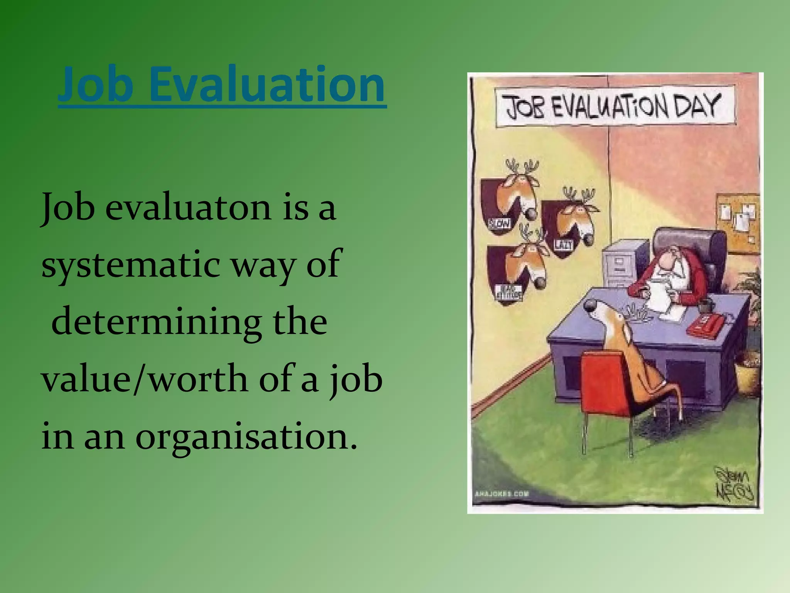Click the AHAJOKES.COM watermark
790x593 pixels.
(x=502, y=494)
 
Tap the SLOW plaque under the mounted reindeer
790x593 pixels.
(x=500, y=223)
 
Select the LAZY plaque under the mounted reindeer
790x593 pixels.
(x=564, y=244)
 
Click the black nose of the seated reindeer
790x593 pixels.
(x=591, y=306)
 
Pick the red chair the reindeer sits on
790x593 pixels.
(x=606, y=386)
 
